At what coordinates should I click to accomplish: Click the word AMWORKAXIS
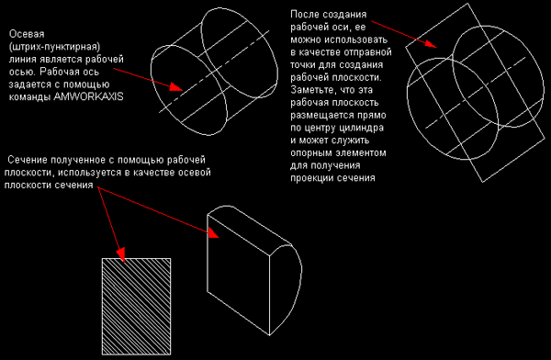(x=88, y=96)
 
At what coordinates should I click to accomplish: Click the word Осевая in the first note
(x=27, y=34)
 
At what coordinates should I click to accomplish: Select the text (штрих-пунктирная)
(x=54, y=47)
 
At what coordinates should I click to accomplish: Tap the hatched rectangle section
(x=136, y=306)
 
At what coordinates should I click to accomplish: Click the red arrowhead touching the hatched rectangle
(x=121, y=254)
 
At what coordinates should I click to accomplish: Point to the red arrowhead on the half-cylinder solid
(x=213, y=232)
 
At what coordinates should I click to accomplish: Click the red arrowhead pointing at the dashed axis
(x=176, y=87)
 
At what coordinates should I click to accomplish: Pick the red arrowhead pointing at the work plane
(x=431, y=43)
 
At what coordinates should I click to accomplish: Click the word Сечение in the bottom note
(x=28, y=160)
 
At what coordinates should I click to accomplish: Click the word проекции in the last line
(x=310, y=178)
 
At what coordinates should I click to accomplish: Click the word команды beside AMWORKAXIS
(x=30, y=97)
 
